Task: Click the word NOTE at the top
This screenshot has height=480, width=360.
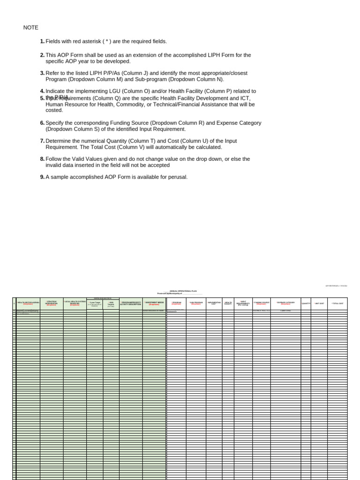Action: (31, 28)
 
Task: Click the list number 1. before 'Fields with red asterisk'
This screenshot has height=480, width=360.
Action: (42, 42)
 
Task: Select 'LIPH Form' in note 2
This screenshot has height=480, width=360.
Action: (213, 55)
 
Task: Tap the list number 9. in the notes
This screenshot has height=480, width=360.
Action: (42, 177)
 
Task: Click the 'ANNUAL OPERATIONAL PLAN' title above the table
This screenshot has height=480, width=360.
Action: (180, 291)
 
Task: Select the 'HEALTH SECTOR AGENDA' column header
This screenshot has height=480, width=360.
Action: (28, 303)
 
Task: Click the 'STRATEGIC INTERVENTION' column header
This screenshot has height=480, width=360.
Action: (52, 303)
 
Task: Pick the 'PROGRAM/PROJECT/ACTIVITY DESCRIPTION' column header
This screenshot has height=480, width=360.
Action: (131, 303)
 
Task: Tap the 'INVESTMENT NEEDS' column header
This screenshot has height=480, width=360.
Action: (154, 303)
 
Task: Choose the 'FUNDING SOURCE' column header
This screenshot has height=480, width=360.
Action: (262, 303)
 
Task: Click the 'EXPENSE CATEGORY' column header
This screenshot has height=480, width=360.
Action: (285, 303)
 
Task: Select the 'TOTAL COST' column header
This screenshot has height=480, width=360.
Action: (337, 303)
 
